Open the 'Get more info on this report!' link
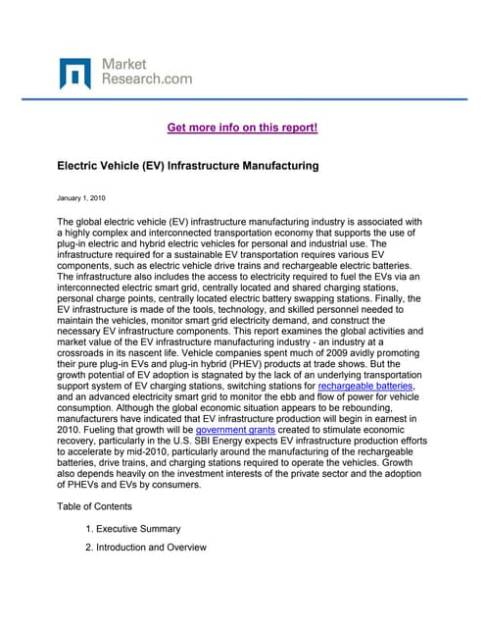coord(243,128)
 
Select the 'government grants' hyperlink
coord(235,429)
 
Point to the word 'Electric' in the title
coord(78,166)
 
